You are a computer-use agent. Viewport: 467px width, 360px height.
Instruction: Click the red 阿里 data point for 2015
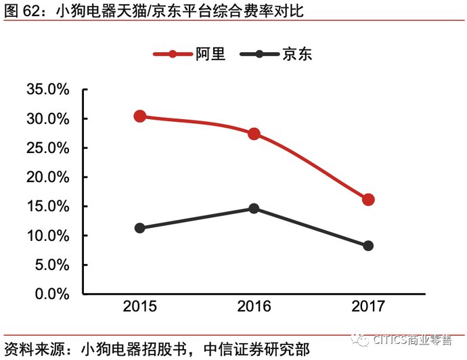coord(140,116)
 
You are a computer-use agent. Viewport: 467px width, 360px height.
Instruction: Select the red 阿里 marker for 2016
coord(254,134)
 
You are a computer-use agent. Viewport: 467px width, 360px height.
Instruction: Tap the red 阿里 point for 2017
coord(368,200)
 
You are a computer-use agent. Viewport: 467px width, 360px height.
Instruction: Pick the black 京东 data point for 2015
coord(140,228)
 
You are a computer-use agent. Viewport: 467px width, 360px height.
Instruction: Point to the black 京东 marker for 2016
coord(254,208)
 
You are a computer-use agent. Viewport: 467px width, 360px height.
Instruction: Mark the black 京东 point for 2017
coord(368,246)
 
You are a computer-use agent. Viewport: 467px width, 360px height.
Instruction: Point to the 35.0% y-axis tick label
coord(48,90)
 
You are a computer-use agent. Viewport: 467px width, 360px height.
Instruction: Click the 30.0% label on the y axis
coord(48,119)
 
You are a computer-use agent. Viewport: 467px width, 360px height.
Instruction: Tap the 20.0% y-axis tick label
coord(48,177)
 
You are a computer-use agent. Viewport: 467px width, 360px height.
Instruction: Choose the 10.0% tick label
coord(48,235)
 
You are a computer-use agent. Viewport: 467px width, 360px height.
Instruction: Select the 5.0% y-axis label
coord(51,265)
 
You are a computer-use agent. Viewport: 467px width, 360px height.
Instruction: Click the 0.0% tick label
coord(51,294)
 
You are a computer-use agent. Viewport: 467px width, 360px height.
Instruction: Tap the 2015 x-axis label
coord(140,307)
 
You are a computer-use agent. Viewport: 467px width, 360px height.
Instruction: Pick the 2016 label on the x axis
coord(254,307)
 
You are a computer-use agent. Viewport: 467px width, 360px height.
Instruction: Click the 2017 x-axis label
coord(368,307)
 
